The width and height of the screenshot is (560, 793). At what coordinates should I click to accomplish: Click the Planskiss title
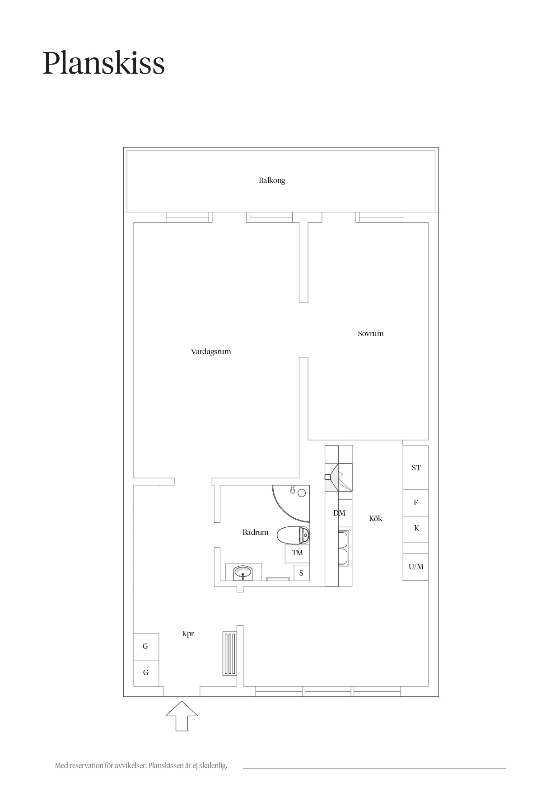tap(104, 63)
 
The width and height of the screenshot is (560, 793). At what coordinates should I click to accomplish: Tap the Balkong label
tap(272, 180)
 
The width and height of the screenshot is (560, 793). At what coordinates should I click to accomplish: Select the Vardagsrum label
tap(211, 352)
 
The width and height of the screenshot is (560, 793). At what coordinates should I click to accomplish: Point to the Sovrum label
tap(371, 333)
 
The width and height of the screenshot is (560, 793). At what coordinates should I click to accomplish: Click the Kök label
tap(375, 518)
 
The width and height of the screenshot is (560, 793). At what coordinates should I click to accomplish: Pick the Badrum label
tap(256, 532)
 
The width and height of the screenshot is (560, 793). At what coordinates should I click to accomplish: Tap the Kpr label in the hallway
tap(188, 634)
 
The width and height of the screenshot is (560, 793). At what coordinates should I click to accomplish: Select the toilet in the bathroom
tap(293, 535)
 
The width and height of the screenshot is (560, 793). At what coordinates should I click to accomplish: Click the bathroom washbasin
tap(243, 573)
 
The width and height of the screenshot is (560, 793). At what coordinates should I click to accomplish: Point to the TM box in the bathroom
tap(297, 554)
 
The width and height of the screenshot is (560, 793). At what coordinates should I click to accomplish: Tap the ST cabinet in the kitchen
tap(415, 468)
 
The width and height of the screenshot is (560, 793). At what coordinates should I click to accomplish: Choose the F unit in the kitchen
tap(415, 503)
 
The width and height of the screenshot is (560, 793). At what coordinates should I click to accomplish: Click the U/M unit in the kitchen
tap(415, 567)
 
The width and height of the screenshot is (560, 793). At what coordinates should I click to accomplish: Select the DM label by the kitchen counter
tap(339, 513)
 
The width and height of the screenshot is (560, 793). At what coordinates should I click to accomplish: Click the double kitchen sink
tap(343, 548)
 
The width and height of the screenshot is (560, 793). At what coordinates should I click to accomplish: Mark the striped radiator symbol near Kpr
tap(229, 654)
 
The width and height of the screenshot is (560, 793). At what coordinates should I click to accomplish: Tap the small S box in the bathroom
tap(302, 573)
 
